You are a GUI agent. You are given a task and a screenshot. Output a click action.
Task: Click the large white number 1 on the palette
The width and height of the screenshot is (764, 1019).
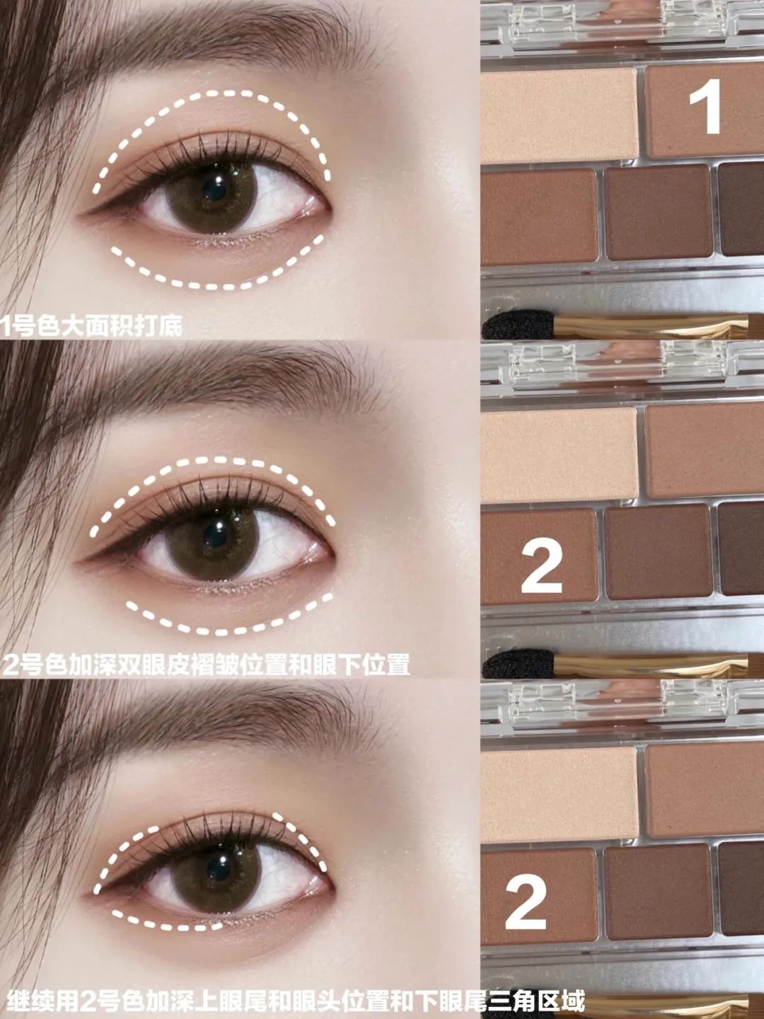(705, 106)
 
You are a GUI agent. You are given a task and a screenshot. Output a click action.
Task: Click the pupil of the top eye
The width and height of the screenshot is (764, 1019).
(215, 188)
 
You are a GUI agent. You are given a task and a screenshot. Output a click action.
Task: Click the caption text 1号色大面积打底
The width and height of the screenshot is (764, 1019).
(91, 326)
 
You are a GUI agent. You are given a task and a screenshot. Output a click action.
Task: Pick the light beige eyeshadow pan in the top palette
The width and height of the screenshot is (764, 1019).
(559, 115)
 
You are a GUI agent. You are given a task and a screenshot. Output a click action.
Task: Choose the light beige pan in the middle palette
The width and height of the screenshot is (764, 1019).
(559, 454)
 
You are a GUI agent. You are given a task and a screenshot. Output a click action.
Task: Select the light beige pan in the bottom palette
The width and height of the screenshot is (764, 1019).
(559, 792)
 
